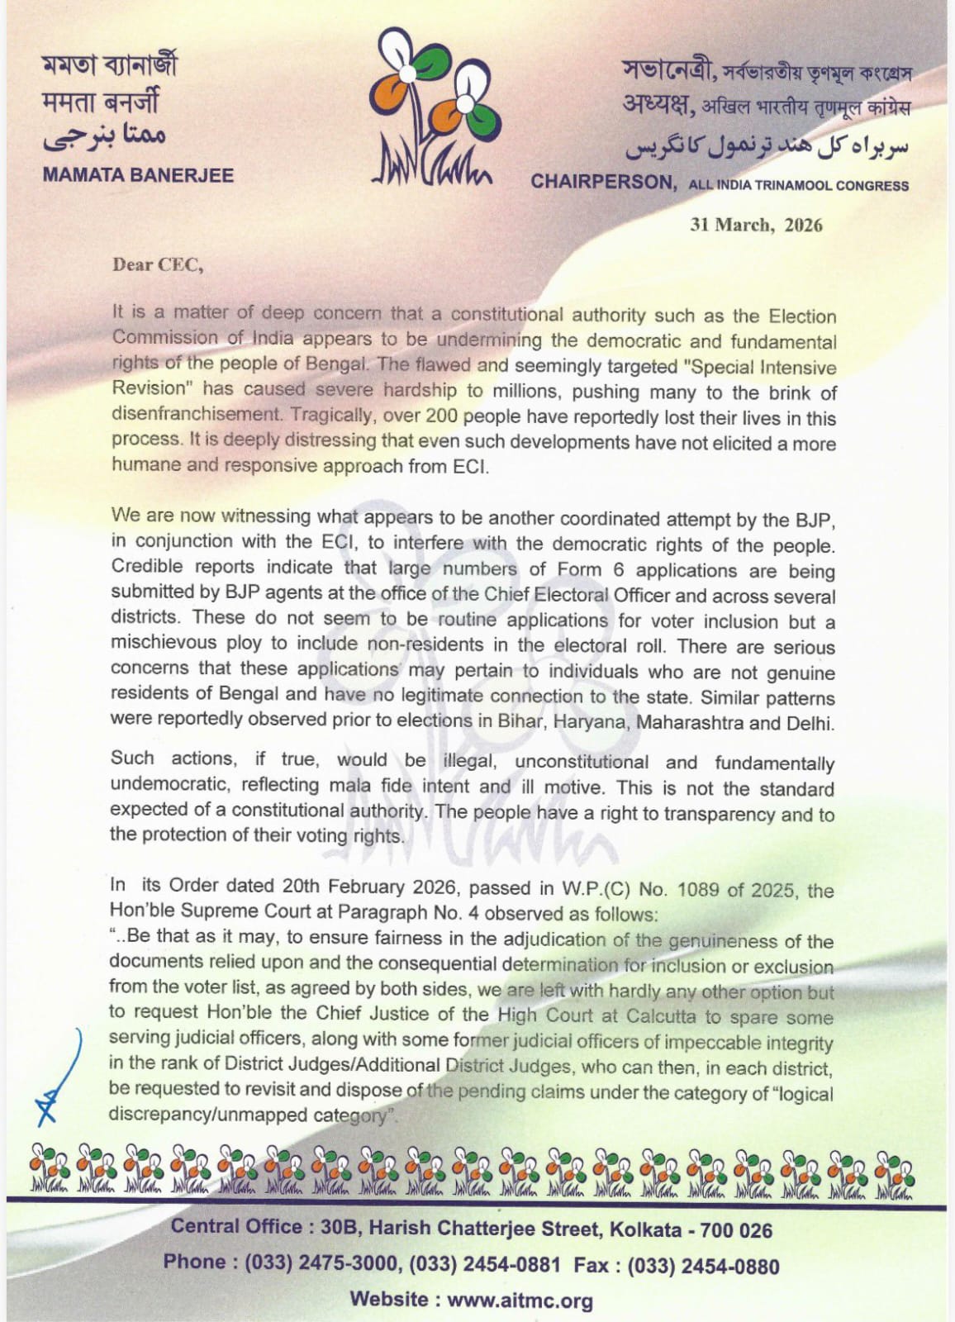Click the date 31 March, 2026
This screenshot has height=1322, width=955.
point(756,225)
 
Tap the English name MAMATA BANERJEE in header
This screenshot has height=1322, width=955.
point(138,175)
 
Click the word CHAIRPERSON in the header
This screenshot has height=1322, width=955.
point(603,182)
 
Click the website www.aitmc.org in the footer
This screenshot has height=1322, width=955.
point(520,1300)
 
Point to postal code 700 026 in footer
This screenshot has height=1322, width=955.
point(735,1230)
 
